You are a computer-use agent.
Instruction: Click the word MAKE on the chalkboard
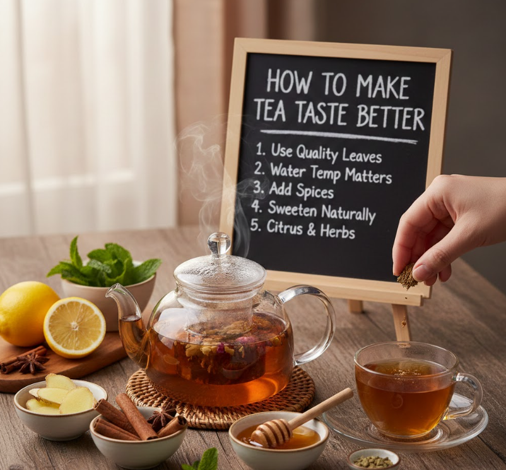tap(383, 86)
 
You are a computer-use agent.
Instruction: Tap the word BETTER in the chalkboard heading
tap(390, 117)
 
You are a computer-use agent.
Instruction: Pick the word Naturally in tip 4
tap(348, 213)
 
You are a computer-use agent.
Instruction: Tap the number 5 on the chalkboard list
tap(255, 225)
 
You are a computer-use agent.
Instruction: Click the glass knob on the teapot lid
tap(219, 244)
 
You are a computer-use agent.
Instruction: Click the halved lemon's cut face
tap(74, 327)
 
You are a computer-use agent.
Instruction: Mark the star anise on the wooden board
tap(32, 363)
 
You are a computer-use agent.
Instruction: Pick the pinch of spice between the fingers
tap(406, 276)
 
